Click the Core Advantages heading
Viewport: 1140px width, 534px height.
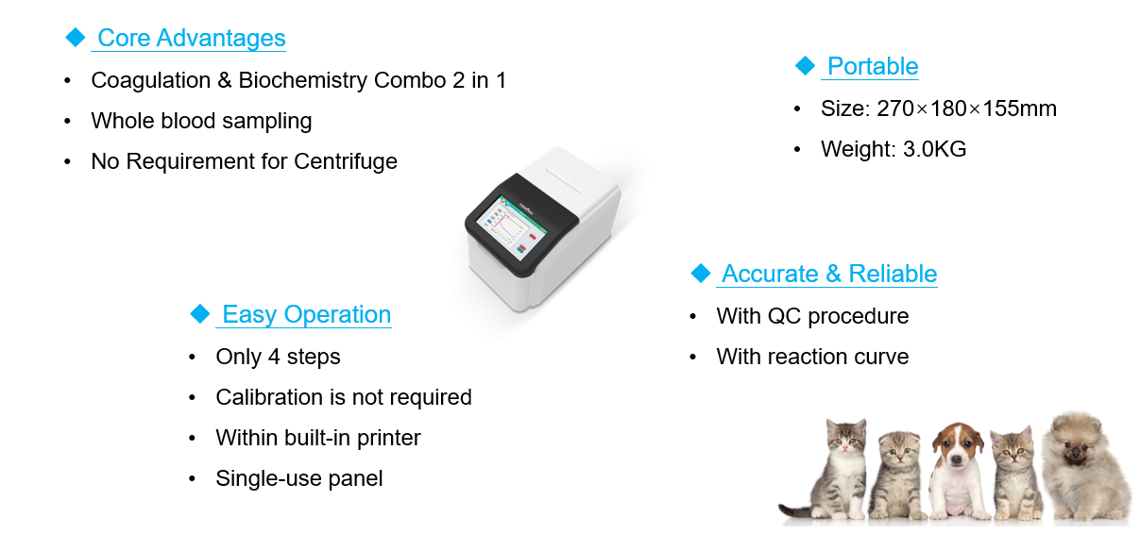(x=192, y=38)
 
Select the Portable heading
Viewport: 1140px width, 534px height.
(x=873, y=66)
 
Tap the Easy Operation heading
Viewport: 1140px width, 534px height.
(x=306, y=314)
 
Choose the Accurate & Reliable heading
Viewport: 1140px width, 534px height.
(x=829, y=274)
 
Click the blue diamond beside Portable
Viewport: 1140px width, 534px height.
(x=805, y=66)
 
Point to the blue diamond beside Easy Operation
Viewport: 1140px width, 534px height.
(x=199, y=313)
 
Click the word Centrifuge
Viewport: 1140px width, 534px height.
(x=346, y=161)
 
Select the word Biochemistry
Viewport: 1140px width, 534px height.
(x=303, y=80)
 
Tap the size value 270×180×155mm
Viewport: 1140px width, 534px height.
(x=966, y=108)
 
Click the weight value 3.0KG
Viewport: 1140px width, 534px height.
(x=934, y=149)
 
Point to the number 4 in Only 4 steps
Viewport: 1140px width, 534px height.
(x=274, y=357)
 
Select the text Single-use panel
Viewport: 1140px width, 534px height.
(x=299, y=479)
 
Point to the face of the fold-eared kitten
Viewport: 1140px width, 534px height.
(x=899, y=451)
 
